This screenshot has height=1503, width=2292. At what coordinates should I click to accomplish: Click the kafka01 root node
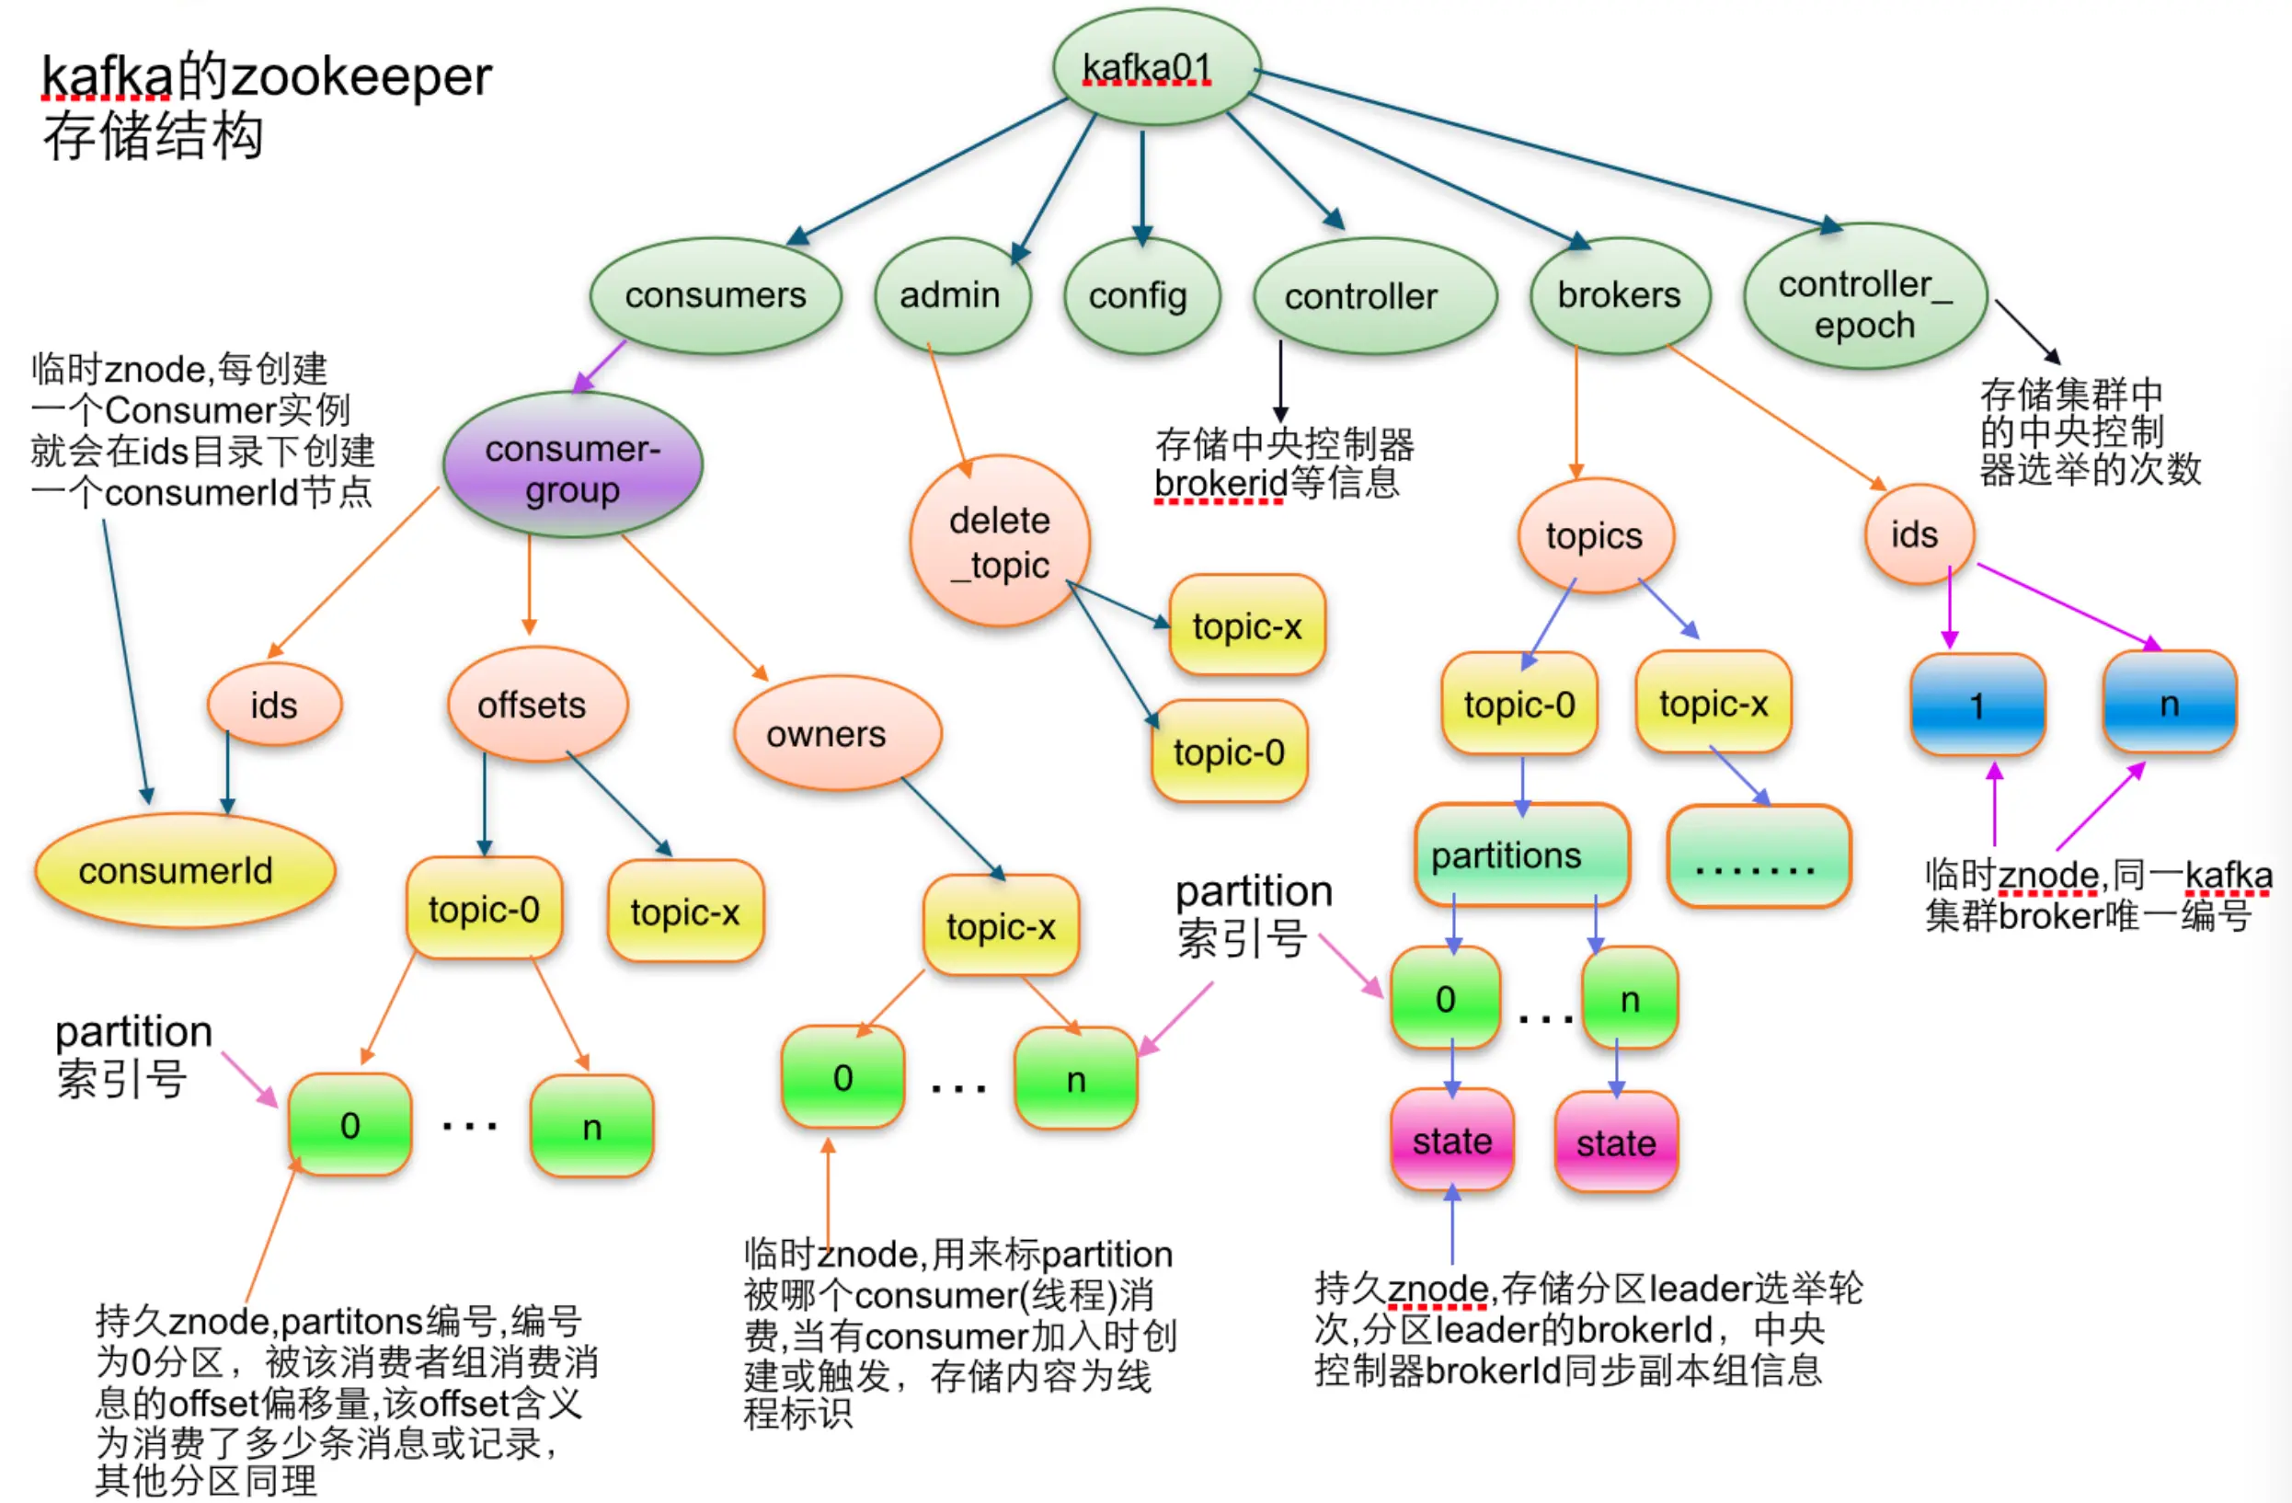tap(1155, 67)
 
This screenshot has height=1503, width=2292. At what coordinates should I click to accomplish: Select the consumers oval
tap(716, 295)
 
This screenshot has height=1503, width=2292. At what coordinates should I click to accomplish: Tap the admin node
tap(951, 295)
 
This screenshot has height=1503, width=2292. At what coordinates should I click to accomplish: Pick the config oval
tap(1140, 295)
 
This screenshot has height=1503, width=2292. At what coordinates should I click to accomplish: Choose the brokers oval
tap(1620, 294)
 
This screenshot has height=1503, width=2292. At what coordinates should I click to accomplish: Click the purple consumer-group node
tap(573, 466)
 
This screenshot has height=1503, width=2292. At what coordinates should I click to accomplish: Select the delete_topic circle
tap(1000, 541)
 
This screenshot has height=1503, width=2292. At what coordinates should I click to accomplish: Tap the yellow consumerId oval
tap(183, 870)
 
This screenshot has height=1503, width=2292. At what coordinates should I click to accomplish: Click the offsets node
tap(535, 705)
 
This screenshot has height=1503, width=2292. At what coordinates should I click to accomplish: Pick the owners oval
tap(836, 734)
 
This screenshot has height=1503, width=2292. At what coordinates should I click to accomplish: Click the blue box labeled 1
tap(1977, 705)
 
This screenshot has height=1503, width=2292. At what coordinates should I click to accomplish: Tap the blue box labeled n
tap(2169, 703)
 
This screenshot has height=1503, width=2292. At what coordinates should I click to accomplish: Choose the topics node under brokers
tap(1595, 535)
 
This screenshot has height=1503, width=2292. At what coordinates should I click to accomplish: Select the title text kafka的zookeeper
tap(266, 77)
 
